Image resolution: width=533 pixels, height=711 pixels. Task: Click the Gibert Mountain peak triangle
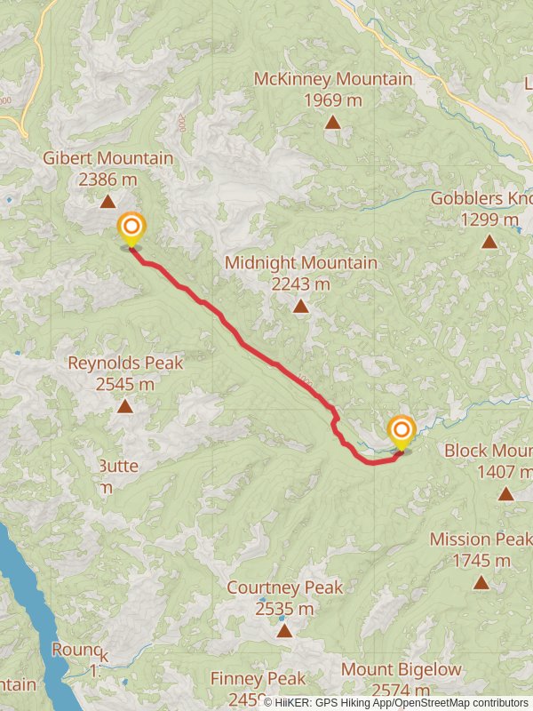point(107,202)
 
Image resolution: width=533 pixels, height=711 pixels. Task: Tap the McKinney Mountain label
point(332,79)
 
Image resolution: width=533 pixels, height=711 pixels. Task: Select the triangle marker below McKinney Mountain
point(332,122)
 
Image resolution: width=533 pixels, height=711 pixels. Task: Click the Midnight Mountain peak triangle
point(301,307)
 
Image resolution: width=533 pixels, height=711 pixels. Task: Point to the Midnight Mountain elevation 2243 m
point(301,284)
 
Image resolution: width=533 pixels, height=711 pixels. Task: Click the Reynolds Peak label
point(125,363)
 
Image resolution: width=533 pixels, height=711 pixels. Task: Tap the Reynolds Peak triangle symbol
point(125,406)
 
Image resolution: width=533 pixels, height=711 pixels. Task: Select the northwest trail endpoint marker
point(131,227)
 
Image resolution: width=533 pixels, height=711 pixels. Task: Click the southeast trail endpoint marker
point(401,431)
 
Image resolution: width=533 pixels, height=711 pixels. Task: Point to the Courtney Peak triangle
point(284,631)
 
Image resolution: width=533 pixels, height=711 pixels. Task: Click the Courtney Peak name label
point(284,587)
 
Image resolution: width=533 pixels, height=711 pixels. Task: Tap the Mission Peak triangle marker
point(481,583)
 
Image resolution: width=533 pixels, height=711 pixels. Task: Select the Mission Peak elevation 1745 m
point(481,561)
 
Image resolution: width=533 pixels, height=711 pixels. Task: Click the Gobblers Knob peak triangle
point(489,241)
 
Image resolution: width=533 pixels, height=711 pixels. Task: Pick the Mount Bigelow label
point(402,669)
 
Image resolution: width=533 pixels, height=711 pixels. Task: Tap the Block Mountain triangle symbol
point(505,494)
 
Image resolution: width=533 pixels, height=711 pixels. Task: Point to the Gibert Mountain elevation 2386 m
point(107,180)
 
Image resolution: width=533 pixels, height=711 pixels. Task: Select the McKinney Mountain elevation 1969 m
point(332,100)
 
